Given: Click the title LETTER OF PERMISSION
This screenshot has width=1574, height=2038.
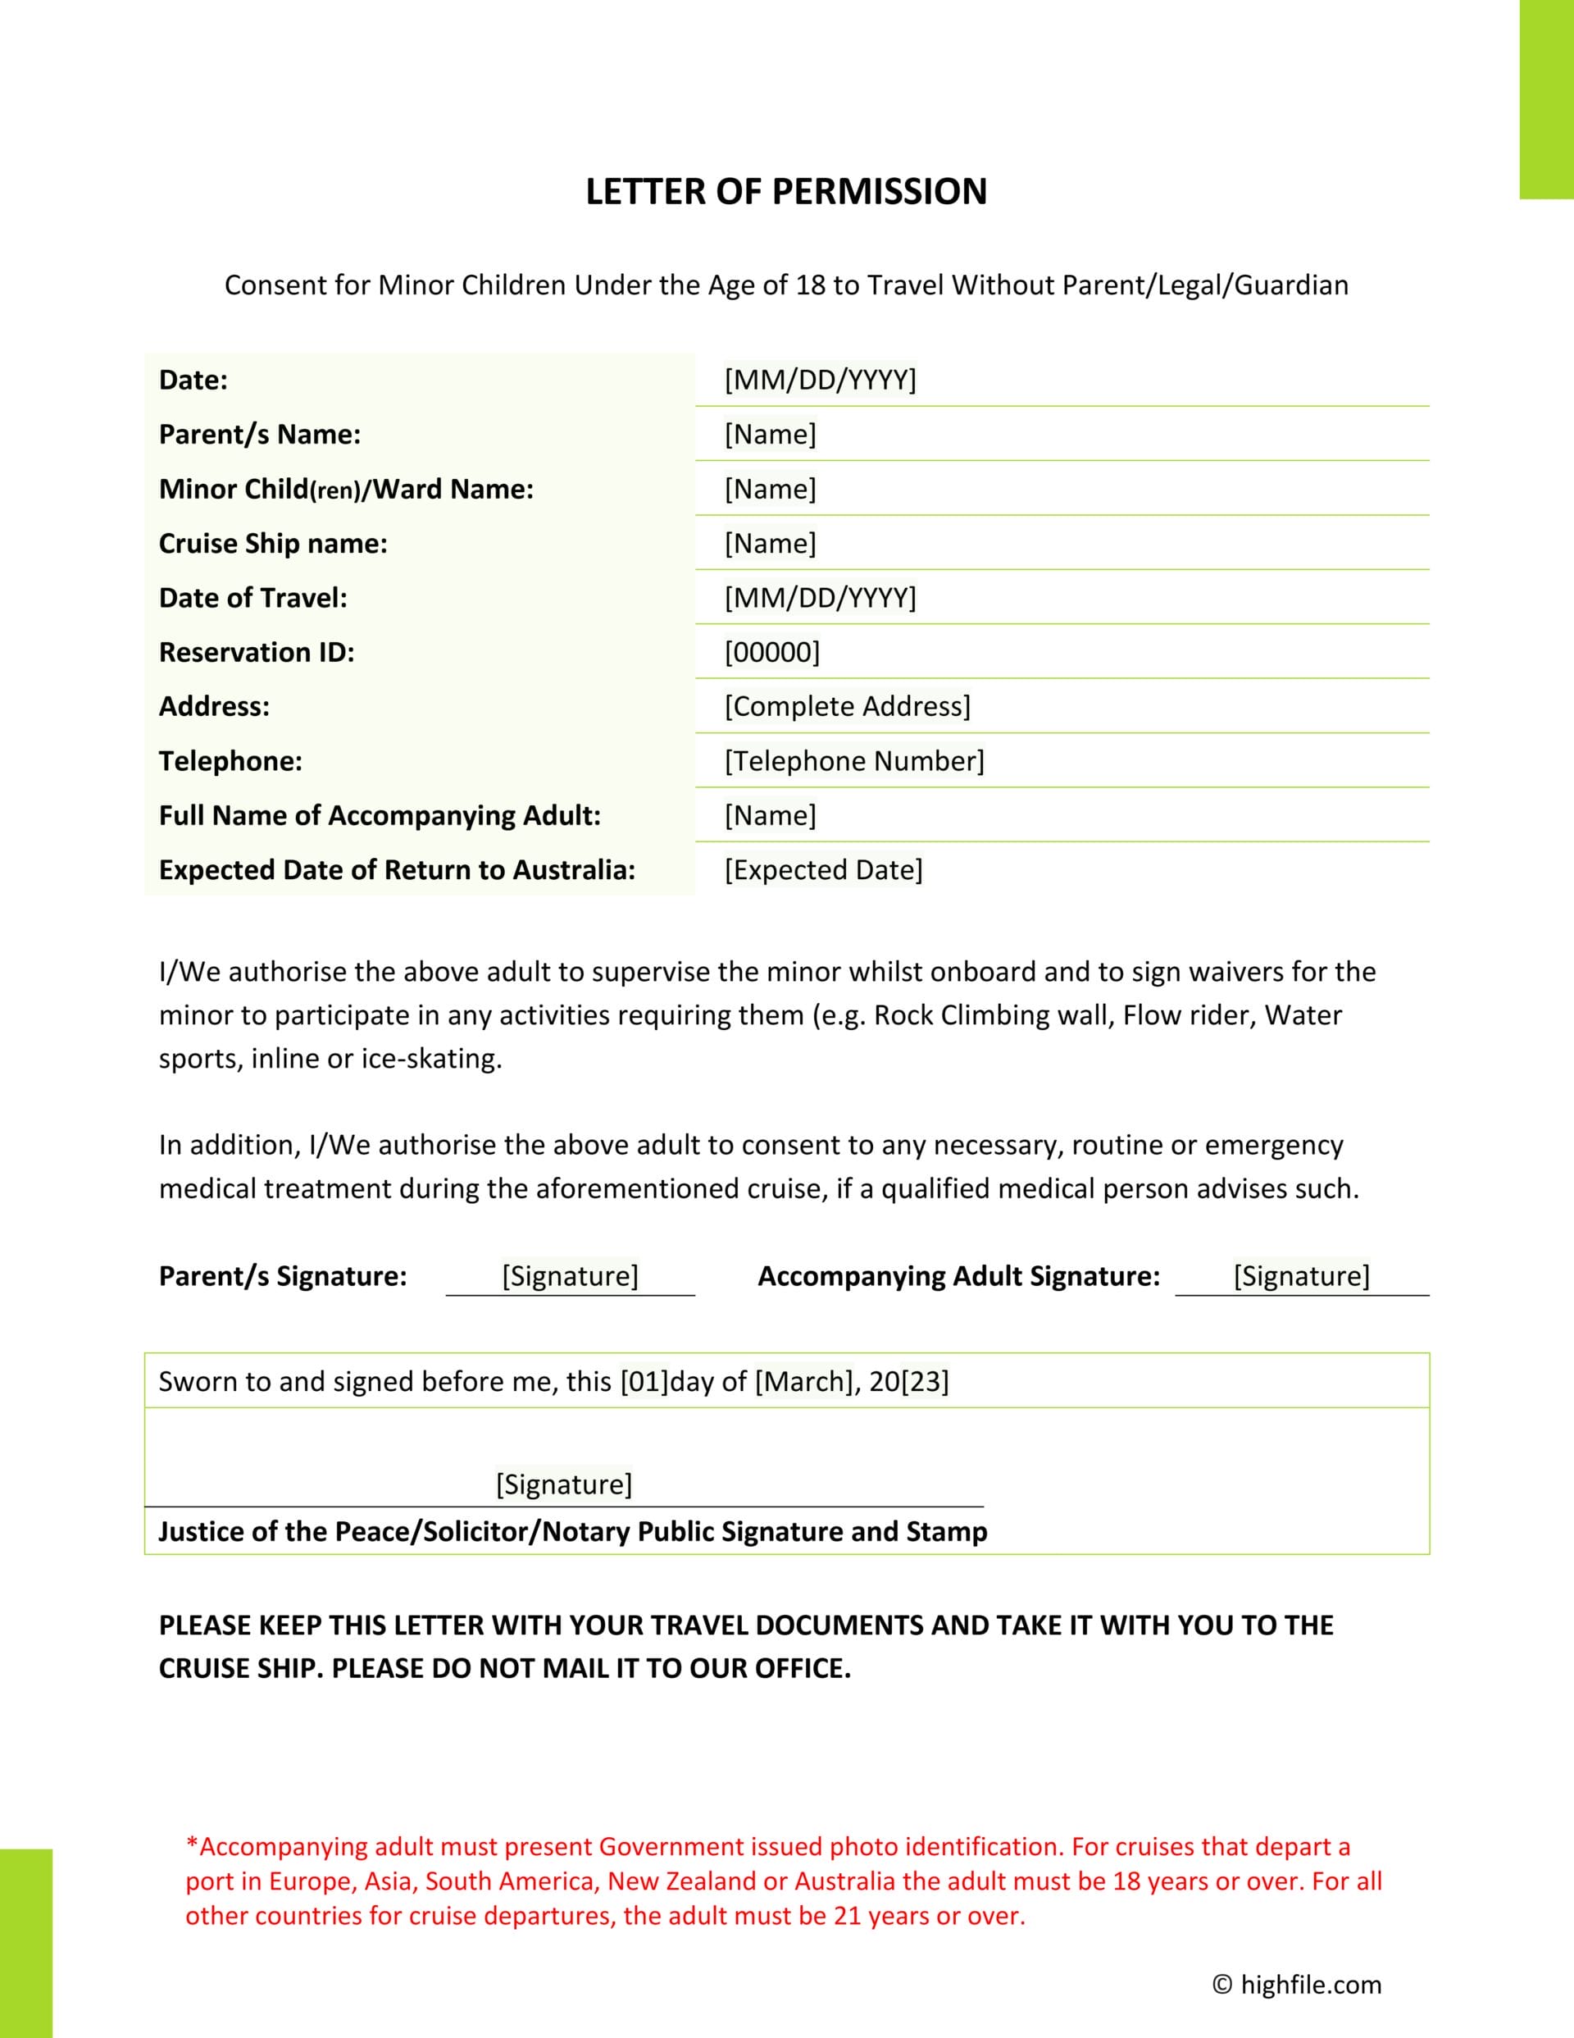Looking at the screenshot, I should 785,191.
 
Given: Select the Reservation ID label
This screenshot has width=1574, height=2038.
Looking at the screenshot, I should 257,652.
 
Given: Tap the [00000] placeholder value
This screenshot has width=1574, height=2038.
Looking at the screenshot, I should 771,652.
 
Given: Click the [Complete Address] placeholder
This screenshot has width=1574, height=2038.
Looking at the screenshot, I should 847,706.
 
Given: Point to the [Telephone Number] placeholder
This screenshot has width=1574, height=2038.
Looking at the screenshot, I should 853,761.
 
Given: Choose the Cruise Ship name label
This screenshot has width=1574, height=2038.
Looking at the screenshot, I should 272,544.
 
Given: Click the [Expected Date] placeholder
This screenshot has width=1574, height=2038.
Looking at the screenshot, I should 823,869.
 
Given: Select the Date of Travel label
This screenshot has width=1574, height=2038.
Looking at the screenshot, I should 252,598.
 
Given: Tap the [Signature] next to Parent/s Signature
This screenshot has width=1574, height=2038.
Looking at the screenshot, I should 570,1275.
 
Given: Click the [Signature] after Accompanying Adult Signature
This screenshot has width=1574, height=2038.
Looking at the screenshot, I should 1302,1275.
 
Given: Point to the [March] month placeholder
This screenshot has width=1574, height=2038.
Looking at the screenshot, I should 803,1381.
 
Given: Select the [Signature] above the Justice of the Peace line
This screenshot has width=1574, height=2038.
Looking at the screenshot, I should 563,1484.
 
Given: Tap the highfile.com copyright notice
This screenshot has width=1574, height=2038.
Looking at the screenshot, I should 1297,1984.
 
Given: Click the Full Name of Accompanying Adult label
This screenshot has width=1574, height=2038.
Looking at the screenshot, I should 380,815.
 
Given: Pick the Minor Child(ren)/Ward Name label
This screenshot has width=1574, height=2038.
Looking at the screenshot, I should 346,490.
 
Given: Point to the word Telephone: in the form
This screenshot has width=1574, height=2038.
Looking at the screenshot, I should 230,761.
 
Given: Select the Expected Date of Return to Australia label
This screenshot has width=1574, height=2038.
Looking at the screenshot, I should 397,869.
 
